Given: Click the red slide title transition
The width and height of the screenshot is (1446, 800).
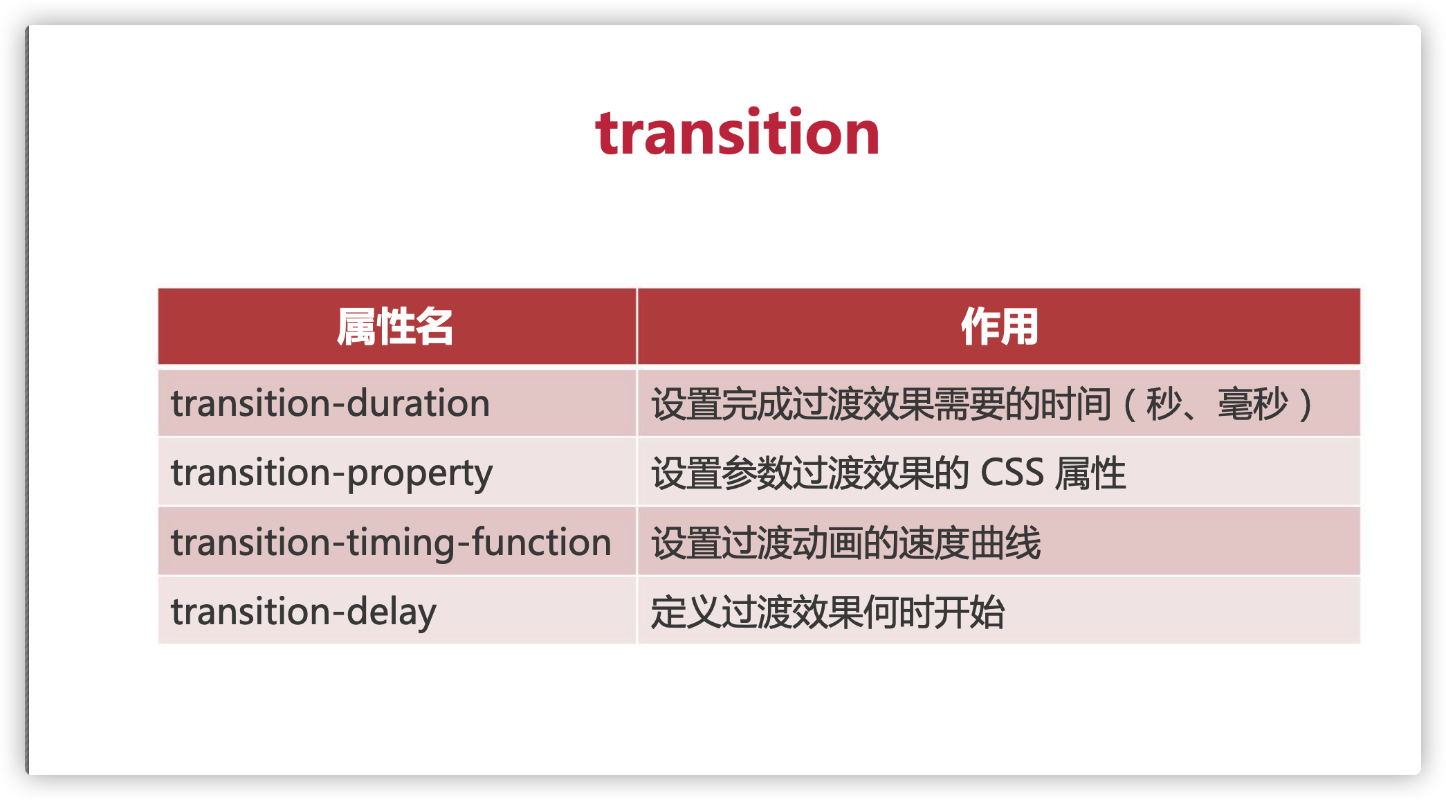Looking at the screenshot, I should pos(738,133).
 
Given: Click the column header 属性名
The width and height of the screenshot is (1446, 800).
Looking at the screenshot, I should pos(395,327).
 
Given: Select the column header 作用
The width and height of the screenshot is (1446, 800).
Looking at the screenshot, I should pos(999,327).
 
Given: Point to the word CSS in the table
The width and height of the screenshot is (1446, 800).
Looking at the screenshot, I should pos(1012,473).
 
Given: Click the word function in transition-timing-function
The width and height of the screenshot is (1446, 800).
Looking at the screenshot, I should pos(542,542).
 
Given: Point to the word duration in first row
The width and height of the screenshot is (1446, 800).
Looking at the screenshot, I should pos(419,403).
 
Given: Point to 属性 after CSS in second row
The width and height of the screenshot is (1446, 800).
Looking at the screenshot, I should pos(1091,473).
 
